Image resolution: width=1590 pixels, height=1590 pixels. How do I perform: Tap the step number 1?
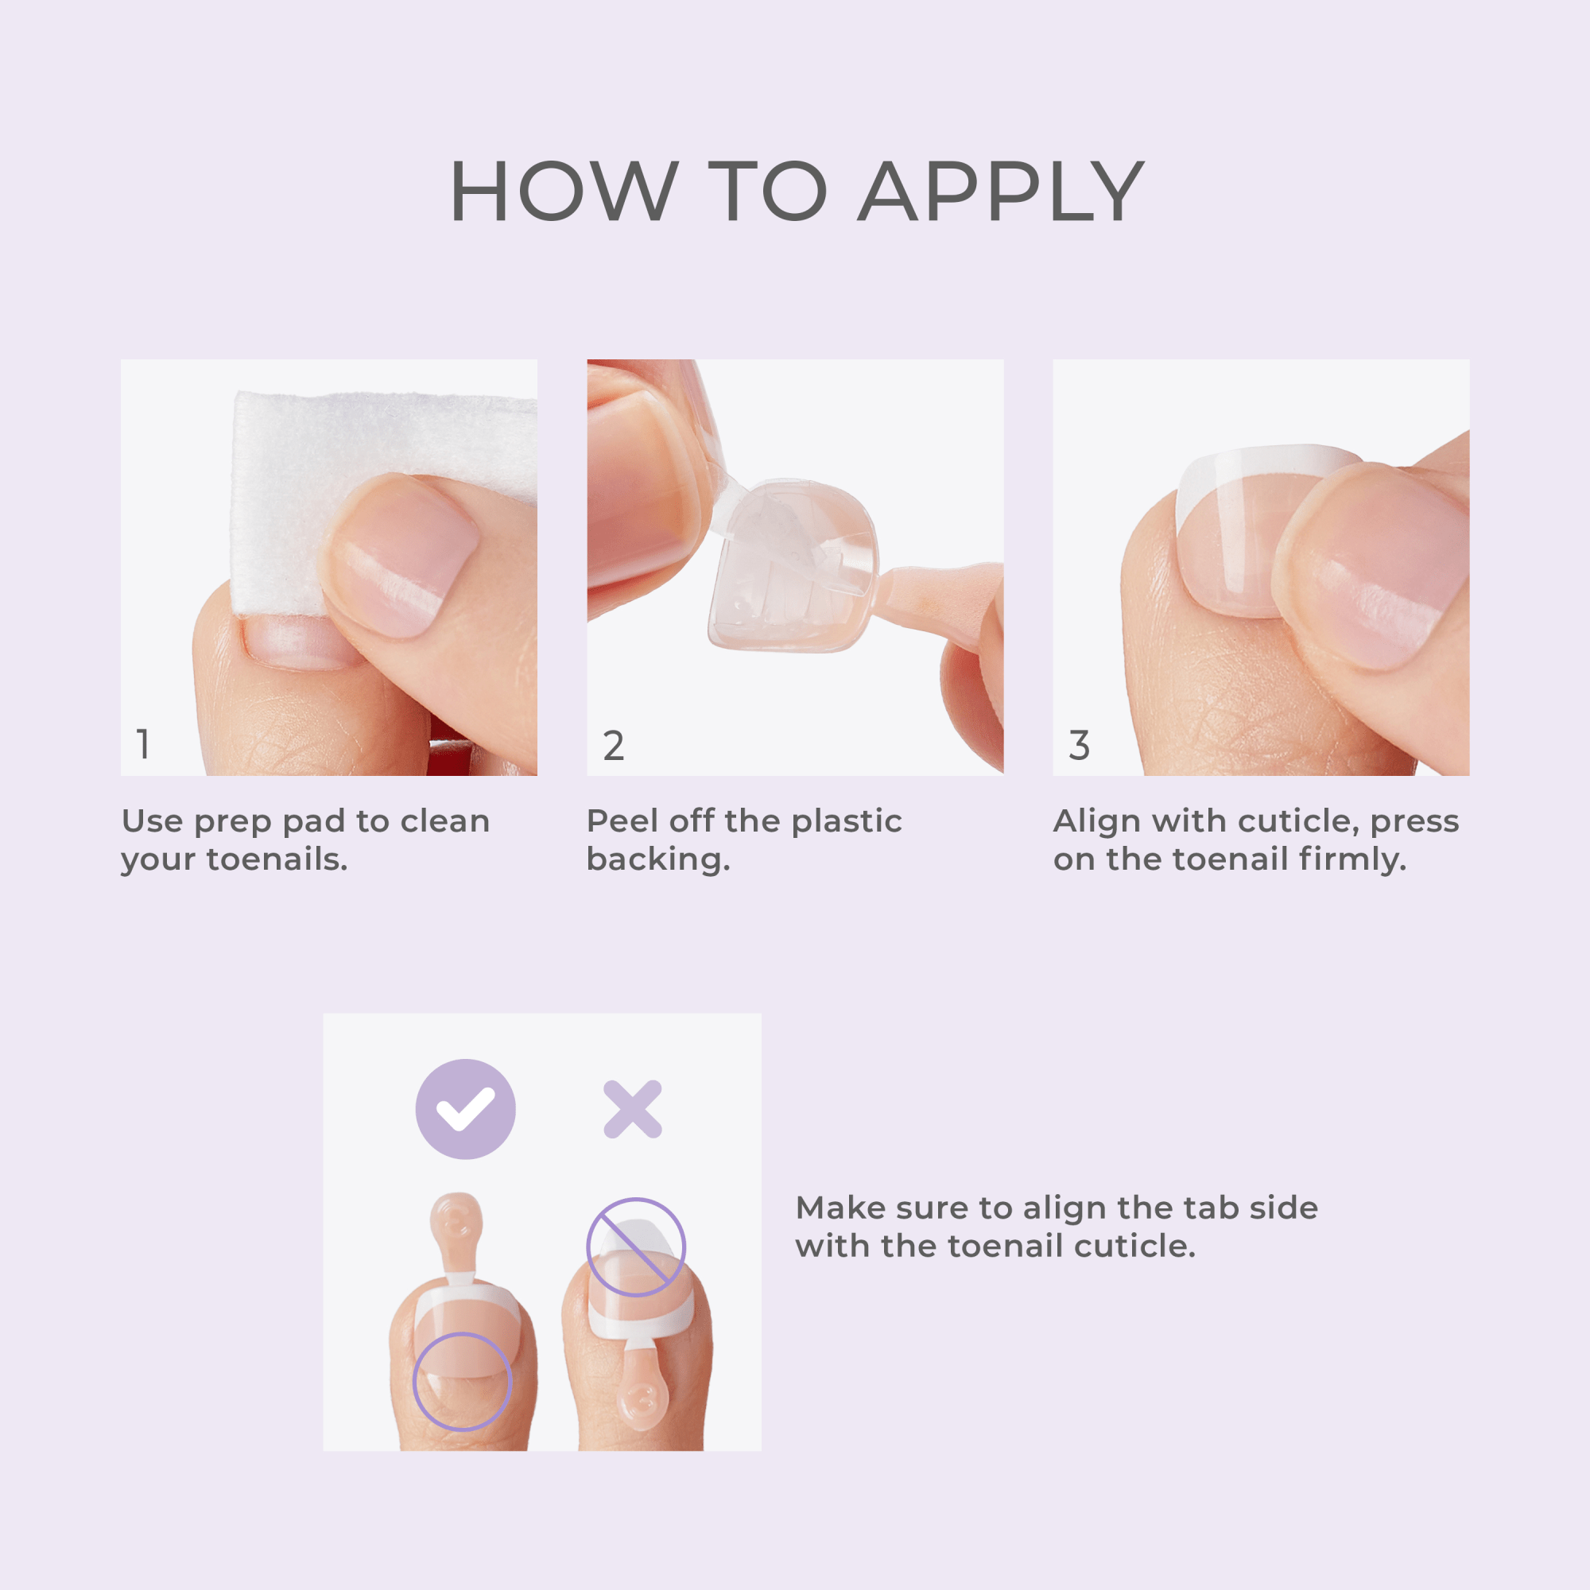point(143,744)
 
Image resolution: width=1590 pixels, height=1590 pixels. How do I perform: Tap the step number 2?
point(613,746)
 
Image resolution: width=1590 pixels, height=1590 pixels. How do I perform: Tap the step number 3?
point(1079,746)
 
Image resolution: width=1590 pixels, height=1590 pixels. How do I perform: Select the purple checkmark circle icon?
point(465,1108)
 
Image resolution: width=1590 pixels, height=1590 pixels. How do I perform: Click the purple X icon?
point(632,1108)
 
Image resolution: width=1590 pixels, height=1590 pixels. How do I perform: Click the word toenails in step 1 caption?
point(277,859)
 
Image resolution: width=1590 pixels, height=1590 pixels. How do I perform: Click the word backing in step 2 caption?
point(657,859)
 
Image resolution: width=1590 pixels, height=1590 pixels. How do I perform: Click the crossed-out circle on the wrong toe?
point(635,1247)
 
